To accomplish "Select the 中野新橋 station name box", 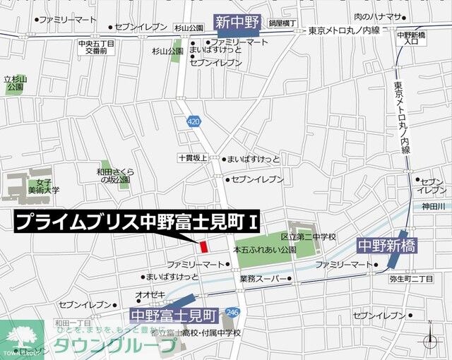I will pyautogui.click(x=387, y=246).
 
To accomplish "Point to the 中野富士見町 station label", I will pyautogui.click(x=175, y=314).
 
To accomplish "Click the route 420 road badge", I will pyautogui.click(x=194, y=122).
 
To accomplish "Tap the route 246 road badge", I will pyautogui.click(x=233, y=311).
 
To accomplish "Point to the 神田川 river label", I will pyautogui.click(x=433, y=206).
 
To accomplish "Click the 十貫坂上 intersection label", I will pyautogui.click(x=193, y=160).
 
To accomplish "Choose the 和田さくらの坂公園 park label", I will pyautogui.click(x=116, y=176).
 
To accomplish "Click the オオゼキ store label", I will pyautogui.click(x=151, y=294).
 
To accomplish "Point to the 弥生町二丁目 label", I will pyautogui.click(x=412, y=280).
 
